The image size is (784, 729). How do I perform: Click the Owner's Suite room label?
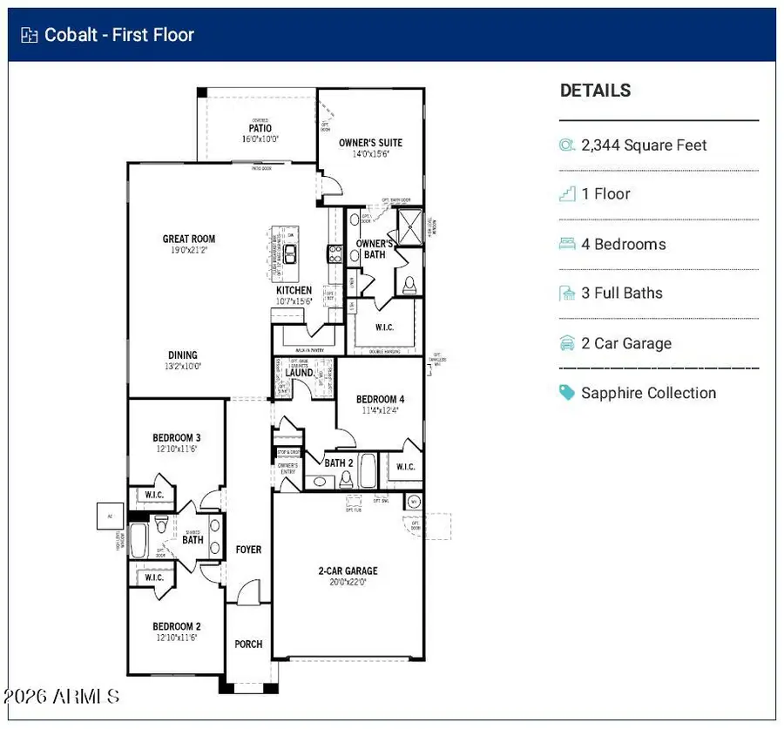point(370,143)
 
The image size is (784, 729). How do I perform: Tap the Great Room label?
point(189,239)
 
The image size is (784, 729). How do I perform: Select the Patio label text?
point(260,129)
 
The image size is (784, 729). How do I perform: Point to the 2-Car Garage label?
point(348,571)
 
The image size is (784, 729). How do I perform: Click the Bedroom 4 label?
point(380,400)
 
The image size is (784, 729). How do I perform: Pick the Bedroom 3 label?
point(177,438)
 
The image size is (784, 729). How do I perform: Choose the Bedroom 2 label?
point(177,626)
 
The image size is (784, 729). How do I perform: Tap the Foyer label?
point(248,550)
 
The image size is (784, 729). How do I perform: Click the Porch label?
point(248,645)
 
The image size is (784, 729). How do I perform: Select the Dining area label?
point(183,355)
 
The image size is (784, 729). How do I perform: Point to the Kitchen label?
point(294,291)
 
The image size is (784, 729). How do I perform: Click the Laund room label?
point(299,373)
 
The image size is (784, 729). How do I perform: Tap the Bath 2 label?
point(338,463)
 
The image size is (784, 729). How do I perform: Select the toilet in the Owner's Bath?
point(409,285)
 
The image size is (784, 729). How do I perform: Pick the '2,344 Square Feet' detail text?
point(644,145)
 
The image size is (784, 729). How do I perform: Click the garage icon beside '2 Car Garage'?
point(567,343)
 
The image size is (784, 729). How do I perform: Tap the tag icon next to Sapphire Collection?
point(567,393)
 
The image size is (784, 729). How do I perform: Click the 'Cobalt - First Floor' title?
point(119,35)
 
